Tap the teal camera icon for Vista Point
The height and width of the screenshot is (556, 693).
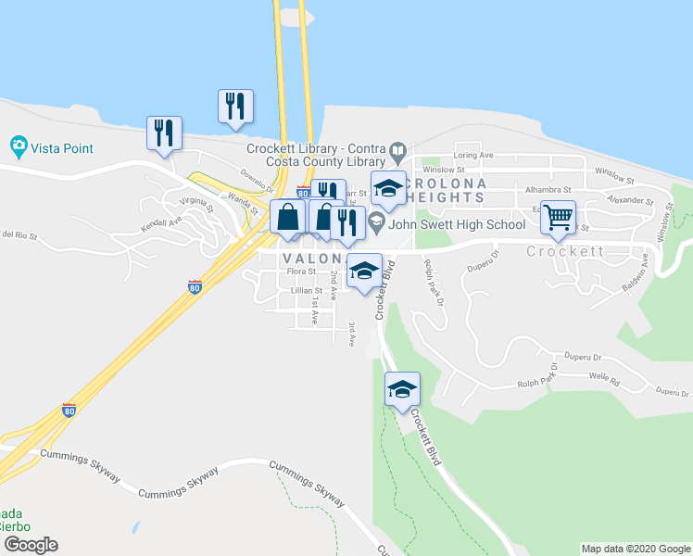[x=18, y=145]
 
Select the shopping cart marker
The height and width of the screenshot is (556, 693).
[x=558, y=219]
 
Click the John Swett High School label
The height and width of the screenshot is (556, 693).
[x=457, y=223]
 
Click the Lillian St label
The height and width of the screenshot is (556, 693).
[x=306, y=291]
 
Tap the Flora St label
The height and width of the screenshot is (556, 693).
[x=301, y=272]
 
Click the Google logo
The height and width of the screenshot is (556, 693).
[x=30, y=545]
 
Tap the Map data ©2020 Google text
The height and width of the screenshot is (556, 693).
[x=635, y=549]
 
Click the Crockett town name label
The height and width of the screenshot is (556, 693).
[x=565, y=251]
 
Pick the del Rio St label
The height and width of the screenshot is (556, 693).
[x=19, y=235]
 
